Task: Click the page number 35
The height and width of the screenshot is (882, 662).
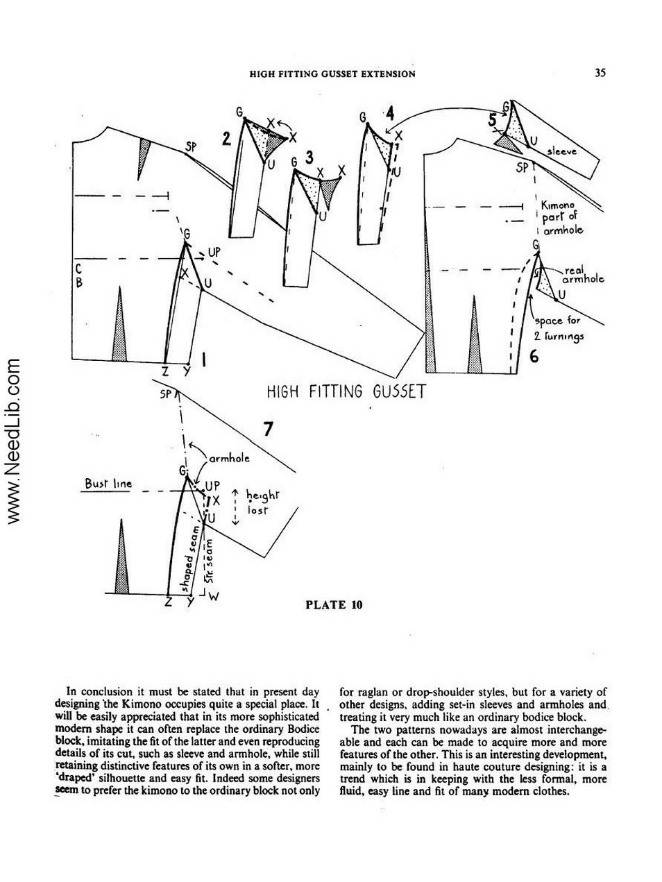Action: (x=600, y=73)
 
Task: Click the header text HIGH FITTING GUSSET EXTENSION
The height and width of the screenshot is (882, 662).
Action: (x=332, y=74)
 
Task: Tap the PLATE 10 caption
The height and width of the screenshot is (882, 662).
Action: (x=334, y=604)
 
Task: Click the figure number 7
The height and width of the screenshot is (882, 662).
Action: (x=268, y=429)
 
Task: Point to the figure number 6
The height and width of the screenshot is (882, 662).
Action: (x=534, y=356)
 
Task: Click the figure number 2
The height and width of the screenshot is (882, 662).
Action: (x=226, y=139)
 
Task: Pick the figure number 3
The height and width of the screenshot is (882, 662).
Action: (x=309, y=158)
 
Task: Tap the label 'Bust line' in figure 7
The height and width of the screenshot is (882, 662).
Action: (x=108, y=484)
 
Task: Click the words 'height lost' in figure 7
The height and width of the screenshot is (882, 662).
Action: (x=262, y=502)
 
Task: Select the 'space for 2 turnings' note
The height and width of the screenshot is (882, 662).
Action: (x=559, y=328)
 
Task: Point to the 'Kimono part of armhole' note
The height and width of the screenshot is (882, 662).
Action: (x=562, y=218)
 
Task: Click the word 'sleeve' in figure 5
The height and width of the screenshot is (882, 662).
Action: (x=562, y=151)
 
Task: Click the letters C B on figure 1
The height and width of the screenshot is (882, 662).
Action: (x=78, y=275)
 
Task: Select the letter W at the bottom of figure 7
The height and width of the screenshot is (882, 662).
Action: (x=214, y=597)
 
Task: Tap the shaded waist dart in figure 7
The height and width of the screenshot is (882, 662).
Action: (x=121, y=557)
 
